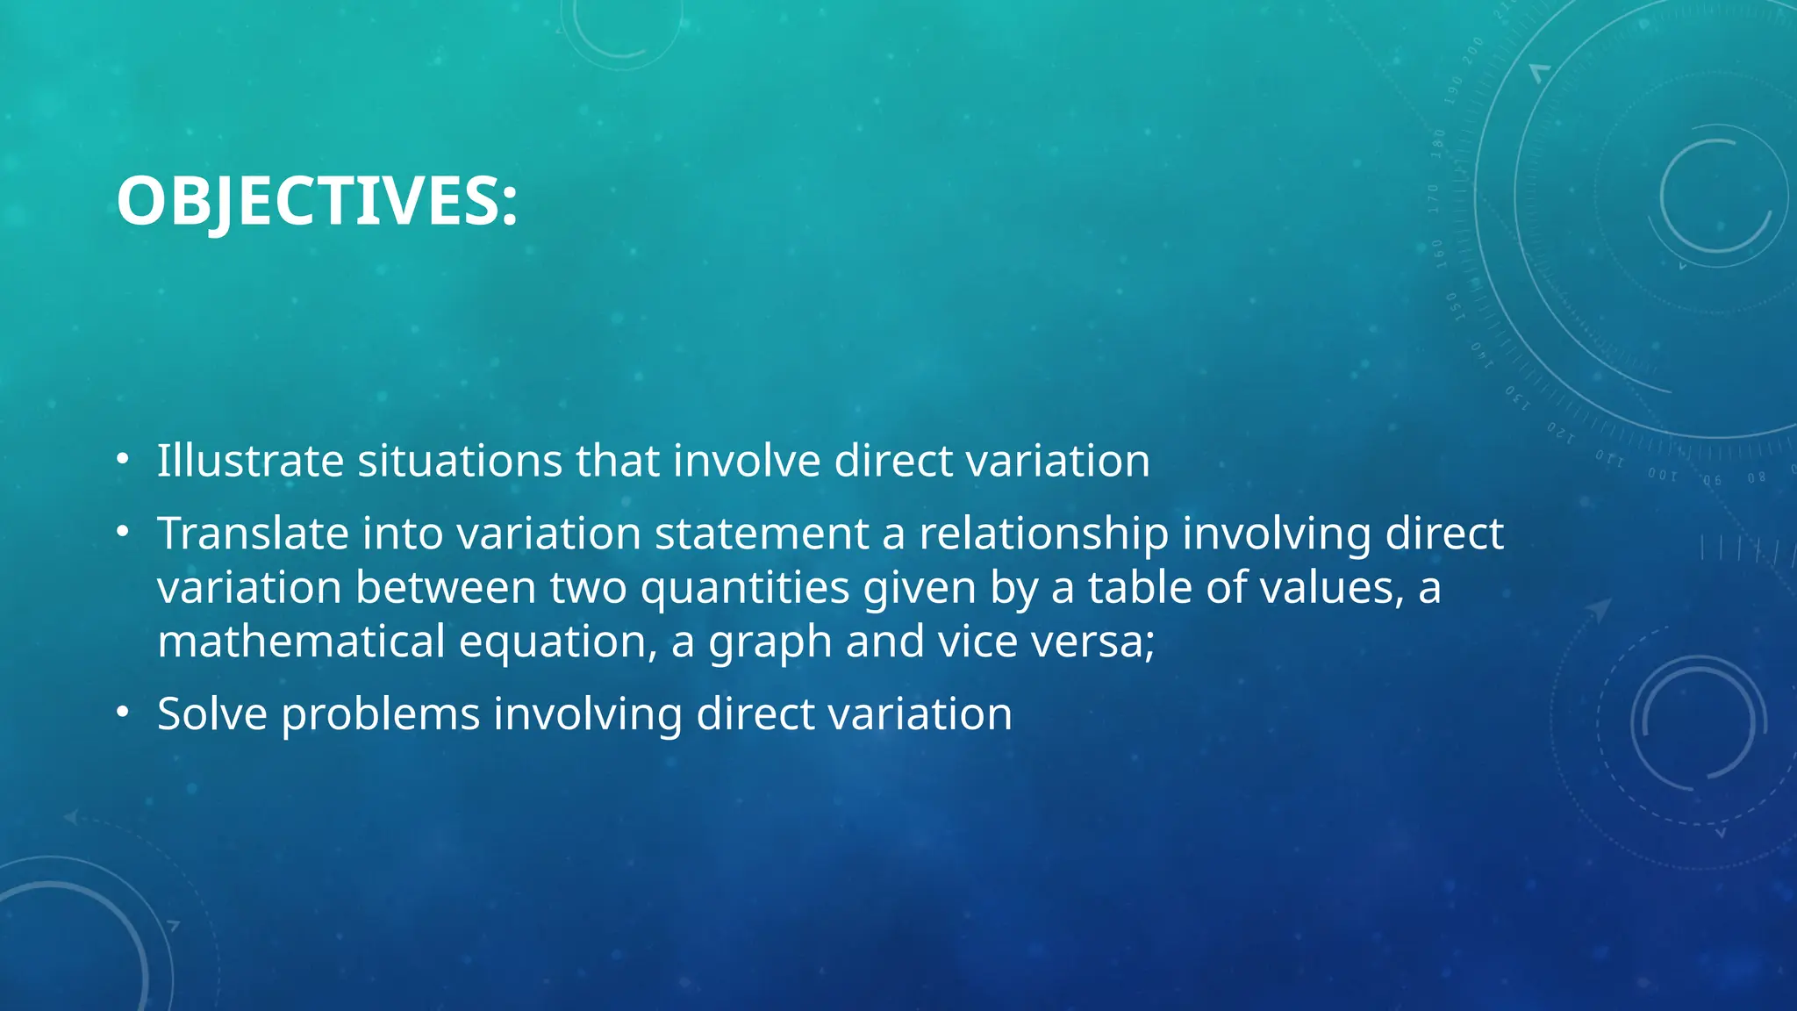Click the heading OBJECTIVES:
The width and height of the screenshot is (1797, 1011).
click(317, 201)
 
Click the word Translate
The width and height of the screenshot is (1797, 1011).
click(253, 534)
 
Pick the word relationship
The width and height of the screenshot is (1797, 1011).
click(1043, 534)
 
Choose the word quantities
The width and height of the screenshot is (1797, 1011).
click(745, 588)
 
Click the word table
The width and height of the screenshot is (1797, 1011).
click(1140, 588)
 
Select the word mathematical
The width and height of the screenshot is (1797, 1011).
click(301, 642)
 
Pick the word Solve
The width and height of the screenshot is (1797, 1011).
click(211, 713)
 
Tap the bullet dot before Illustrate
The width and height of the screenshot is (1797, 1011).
click(123, 458)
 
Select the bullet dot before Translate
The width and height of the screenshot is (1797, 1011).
click(123, 531)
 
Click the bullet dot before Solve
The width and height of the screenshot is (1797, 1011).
click(123, 711)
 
